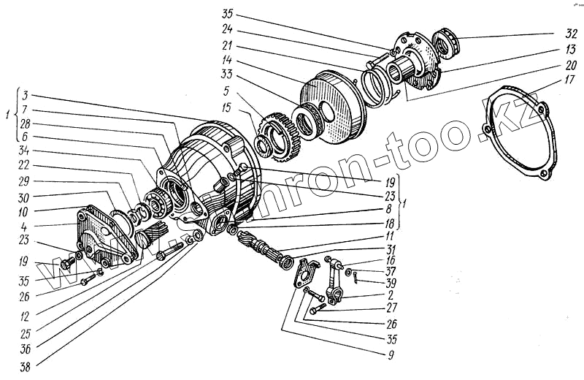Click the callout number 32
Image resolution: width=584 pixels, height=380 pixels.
572,34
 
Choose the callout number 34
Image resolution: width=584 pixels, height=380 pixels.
25,151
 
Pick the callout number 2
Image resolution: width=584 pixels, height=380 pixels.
391,296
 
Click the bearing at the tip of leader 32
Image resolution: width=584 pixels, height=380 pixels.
445,42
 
